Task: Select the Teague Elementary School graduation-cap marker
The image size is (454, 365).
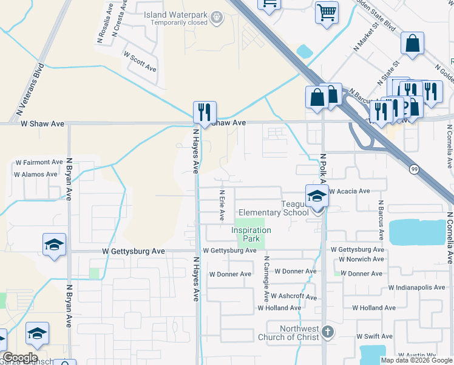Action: point(316,196)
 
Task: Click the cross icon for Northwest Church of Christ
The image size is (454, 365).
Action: point(328,332)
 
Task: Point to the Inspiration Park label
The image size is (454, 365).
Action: point(251,234)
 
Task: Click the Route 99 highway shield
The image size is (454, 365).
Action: point(413,170)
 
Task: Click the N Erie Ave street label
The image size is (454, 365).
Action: point(222,206)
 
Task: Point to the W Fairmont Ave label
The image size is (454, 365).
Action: point(39,162)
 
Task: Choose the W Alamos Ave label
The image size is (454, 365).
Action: point(38,175)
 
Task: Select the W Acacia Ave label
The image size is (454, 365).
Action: point(349,191)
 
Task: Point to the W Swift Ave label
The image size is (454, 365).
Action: point(373,336)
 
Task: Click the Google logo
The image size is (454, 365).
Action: point(20,358)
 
